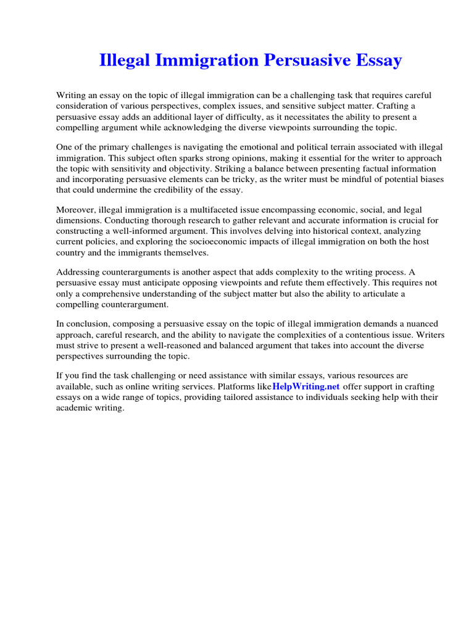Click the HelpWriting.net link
(x=306, y=386)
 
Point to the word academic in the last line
(x=73, y=407)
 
